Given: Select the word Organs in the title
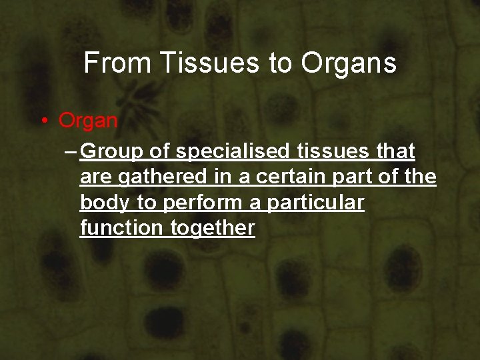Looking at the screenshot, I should [x=349, y=63].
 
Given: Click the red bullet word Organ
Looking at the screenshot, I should [x=88, y=121].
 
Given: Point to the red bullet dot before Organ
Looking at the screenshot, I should [x=43, y=121].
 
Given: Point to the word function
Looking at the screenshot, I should [x=122, y=228].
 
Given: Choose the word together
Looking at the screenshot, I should [x=213, y=228].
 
